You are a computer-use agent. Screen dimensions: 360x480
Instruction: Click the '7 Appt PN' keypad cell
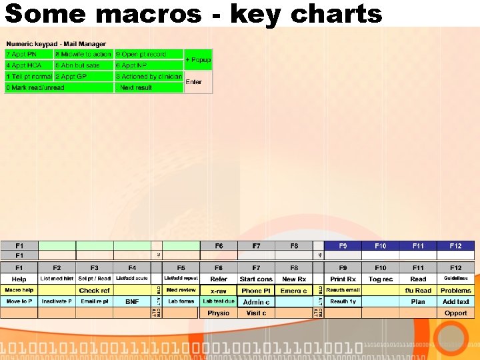click(29, 54)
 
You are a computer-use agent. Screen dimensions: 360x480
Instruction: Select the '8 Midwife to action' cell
click(84, 54)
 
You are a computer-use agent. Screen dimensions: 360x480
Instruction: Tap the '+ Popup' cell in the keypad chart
click(198, 59)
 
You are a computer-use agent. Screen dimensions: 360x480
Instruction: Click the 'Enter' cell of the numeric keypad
click(198, 81)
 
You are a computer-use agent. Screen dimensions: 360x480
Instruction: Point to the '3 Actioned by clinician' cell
click(149, 77)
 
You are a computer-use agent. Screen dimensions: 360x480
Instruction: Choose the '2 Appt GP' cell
click(84, 77)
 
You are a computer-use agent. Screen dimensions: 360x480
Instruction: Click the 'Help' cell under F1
click(19, 279)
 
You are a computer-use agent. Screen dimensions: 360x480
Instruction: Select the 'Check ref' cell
click(94, 290)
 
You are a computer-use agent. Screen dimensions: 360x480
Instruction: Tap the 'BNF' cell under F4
click(132, 301)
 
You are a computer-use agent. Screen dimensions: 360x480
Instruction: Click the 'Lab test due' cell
click(219, 301)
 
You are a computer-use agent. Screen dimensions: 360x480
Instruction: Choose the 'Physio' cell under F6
click(219, 313)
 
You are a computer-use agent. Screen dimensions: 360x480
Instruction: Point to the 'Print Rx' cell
click(343, 279)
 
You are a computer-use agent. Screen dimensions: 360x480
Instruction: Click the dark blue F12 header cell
click(455, 246)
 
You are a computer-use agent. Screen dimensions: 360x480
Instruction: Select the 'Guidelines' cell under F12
click(455, 279)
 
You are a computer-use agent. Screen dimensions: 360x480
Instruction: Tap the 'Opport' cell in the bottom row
click(455, 313)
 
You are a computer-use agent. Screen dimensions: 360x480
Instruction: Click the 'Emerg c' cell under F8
click(294, 290)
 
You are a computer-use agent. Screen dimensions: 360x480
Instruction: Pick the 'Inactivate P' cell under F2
click(57, 301)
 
